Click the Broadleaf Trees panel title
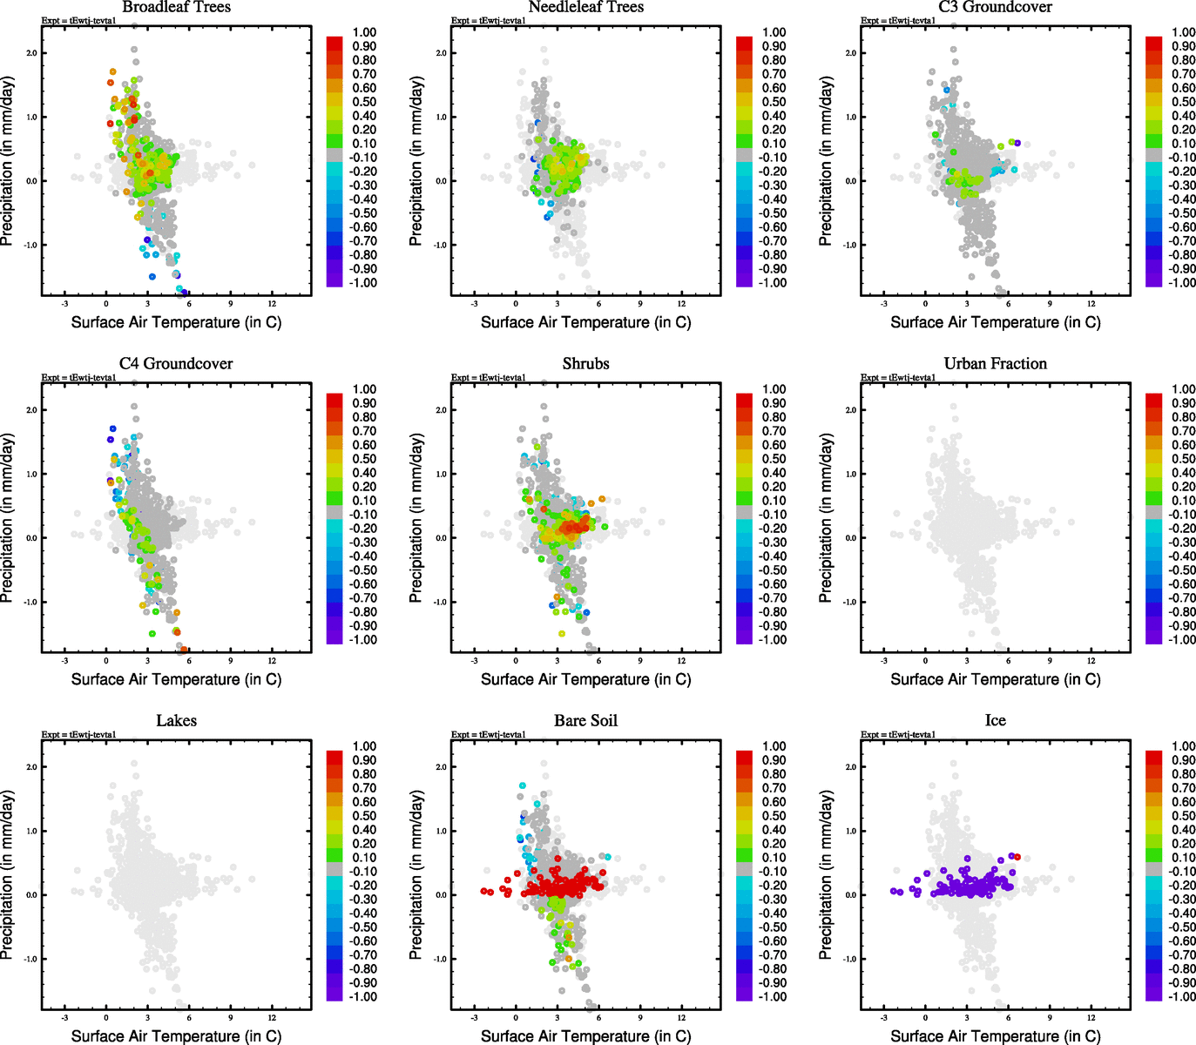tap(176, 7)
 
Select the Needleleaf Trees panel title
tap(585, 7)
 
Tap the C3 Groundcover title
tap(995, 7)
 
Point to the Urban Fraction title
tap(995, 364)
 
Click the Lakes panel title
tap(176, 721)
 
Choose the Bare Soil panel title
tap(585, 721)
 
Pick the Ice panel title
tap(995, 721)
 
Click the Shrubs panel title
tap(585, 364)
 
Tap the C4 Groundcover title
tap(176, 364)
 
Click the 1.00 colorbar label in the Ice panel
tap(1183, 746)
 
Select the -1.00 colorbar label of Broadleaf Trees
tap(363, 283)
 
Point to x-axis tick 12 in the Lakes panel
tap(272, 1017)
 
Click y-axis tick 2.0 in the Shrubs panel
tap(441, 410)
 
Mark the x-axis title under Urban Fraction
tap(995, 679)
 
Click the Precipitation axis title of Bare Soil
tap(416, 875)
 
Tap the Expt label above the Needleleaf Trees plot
tap(488, 20)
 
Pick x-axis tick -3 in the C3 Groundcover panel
tap(883, 303)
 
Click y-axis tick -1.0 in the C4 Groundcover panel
tap(30, 602)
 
